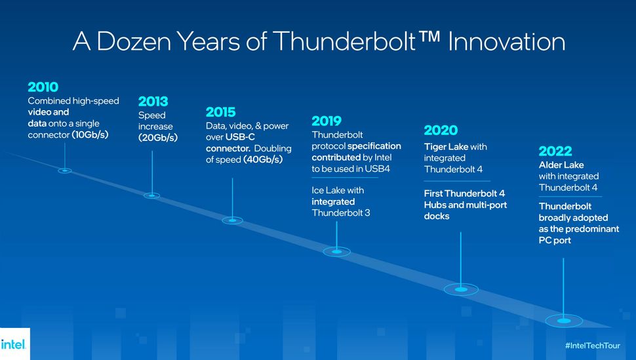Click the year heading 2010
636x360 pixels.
(43, 87)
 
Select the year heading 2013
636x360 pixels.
(153, 101)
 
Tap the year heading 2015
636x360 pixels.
(220, 111)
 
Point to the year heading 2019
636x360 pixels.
(327, 121)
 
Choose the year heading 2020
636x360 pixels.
(441, 130)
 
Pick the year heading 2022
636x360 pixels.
(555, 151)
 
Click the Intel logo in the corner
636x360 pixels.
(14, 344)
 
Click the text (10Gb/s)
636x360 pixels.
(90, 135)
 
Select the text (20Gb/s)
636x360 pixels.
(158, 138)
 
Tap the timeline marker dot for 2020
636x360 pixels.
(461, 289)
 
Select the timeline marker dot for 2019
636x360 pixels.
(337, 251)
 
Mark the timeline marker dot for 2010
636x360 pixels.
(64, 170)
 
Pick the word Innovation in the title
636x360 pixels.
(509, 41)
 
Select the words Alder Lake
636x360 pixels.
(561, 165)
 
